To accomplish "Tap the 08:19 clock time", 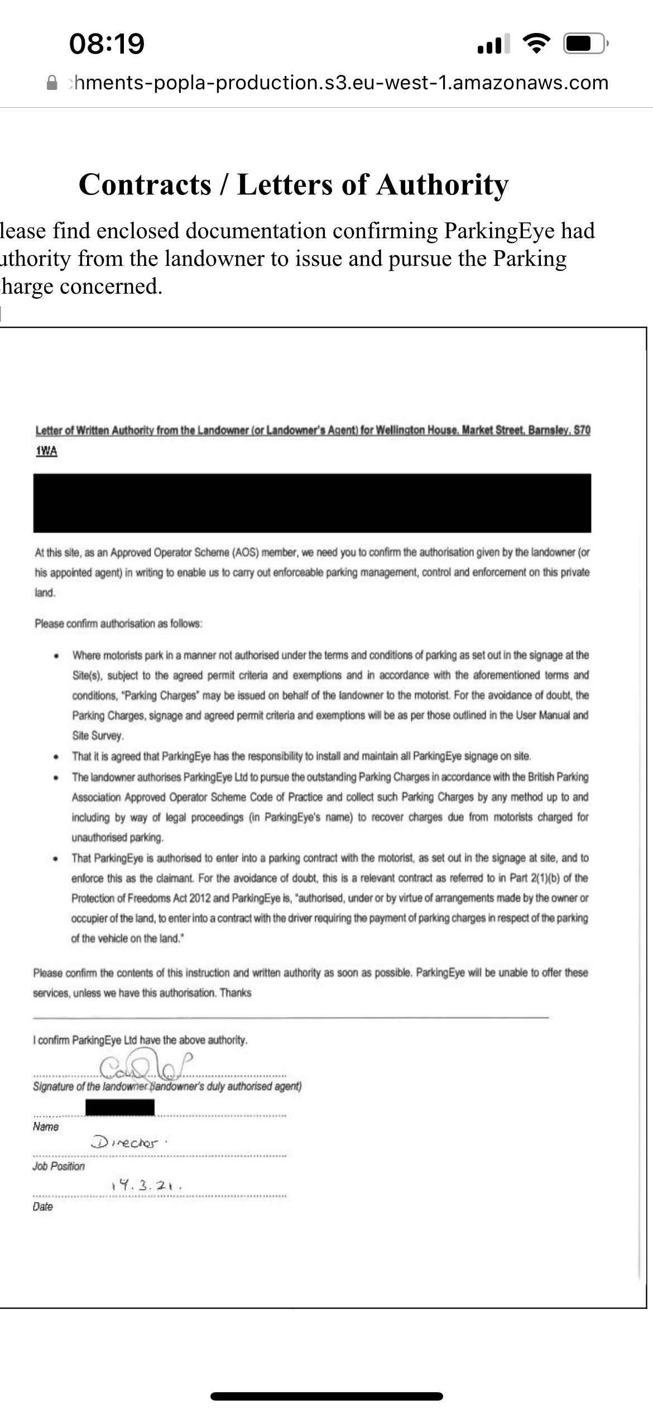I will pyautogui.click(x=107, y=44).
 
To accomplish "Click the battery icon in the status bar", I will pyautogui.click(x=584, y=44).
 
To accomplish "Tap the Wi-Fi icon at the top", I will pyautogui.click(x=536, y=44).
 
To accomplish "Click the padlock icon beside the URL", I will pyautogui.click(x=52, y=83).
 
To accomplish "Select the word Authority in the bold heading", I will pyautogui.click(x=442, y=185).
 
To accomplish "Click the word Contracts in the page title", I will pyautogui.click(x=145, y=185).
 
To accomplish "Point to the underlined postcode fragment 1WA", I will pyautogui.click(x=46, y=451).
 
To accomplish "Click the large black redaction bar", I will pyautogui.click(x=312, y=503).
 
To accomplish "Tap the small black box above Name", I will pyautogui.click(x=120, y=1107).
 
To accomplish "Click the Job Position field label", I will pyautogui.click(x=59, y=1166).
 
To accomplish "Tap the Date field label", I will pyautogui.click(x=43, y=1206).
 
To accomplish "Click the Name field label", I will pyautogui.click(x=46, y=1126).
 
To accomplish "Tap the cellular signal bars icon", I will pyautogui.click(x=493, y=44).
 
